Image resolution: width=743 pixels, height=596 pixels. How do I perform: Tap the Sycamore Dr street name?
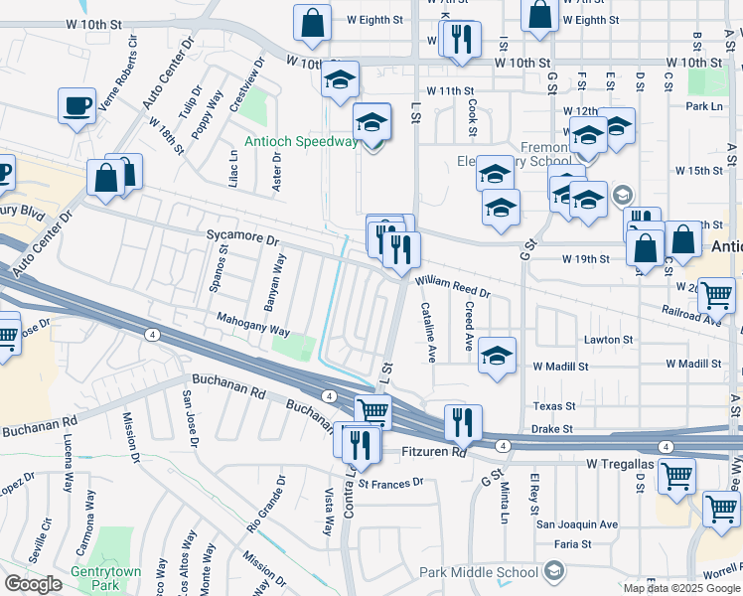[243, 238]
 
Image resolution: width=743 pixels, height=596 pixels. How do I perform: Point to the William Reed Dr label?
[453, 287]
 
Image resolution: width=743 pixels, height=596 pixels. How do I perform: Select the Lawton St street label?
[608, 340]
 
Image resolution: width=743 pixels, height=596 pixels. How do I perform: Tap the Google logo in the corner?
[33, 584]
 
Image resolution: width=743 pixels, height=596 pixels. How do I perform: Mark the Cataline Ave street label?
[429, 332]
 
